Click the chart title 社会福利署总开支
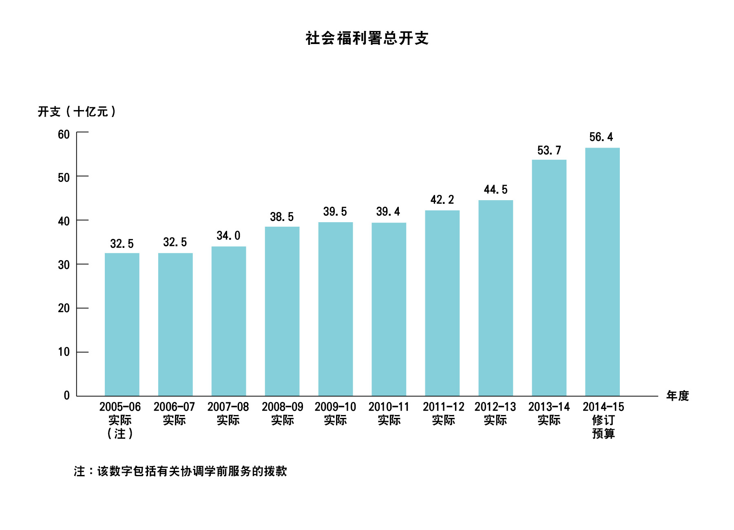click(x=367, y=38)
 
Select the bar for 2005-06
click(x=122, y=324)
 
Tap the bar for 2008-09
click(x=282, y=311)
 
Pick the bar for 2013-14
click(x=549, y=278)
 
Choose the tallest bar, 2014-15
click(x=602, y=272)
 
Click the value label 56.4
click(x=601, y=137)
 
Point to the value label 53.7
click(x=549, y=150)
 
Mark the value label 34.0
click(x=228, y=236)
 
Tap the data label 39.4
click(x=388, y=212)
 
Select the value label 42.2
click(x=442, y=200)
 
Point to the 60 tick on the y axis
click(x=64, y=135)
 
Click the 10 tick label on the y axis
click(x=64, y=352)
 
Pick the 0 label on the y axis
click(x=67, y=395)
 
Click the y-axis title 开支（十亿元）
click(x=77, y=112)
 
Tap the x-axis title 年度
click(x=677, y=395)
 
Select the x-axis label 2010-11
click(x=389, y=407)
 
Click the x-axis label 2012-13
click(x=495, y=407)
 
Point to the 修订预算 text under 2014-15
click(x=603, y=426)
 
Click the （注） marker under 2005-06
click(x=120, y=433)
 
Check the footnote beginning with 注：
click(x=180, y=471)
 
